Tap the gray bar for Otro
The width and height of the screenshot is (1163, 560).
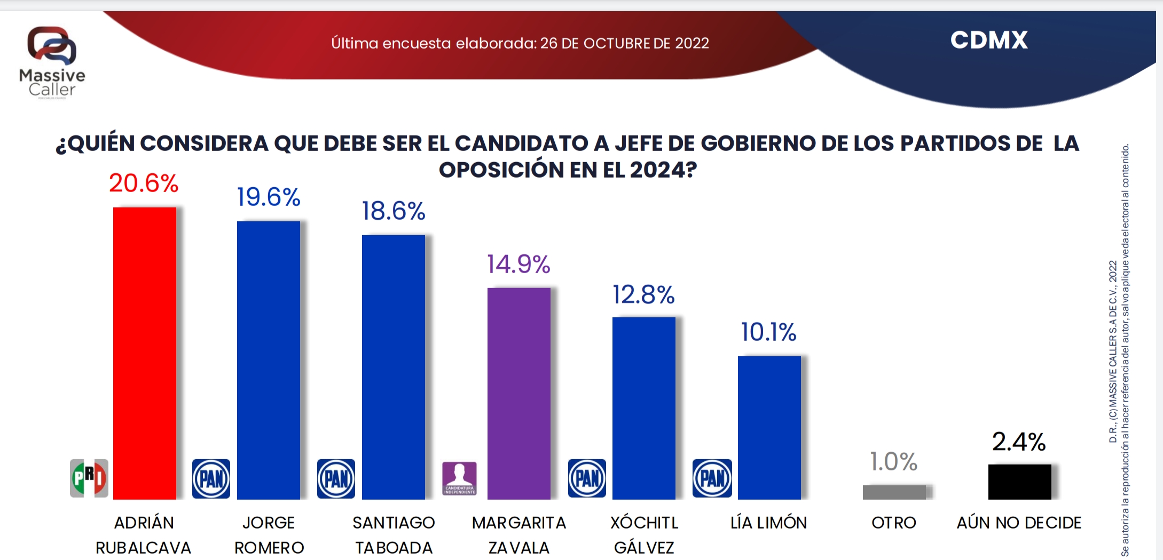(894, 492)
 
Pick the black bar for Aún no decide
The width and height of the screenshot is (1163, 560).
(1019, 482)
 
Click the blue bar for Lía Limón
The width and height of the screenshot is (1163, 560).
(769, 427)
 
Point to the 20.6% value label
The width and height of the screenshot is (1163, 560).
(144, 183)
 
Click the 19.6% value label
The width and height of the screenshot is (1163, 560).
(269, 197)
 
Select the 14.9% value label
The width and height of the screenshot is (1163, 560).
(518, 265)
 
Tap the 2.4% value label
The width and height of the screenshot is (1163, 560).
(1019, 442)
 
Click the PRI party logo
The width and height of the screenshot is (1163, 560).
(89, 478)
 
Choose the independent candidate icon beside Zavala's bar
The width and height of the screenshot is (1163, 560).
(459, 478)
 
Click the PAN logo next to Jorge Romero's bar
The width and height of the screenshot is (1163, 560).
(211, 478)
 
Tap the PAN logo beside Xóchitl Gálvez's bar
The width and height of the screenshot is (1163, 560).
(587, 478)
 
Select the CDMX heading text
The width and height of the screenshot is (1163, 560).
(989, 41)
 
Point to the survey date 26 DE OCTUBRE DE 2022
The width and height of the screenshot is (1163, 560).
(624, 43)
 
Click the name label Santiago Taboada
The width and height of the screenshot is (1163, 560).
(394, 535)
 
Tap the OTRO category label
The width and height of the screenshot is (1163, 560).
(894, 523)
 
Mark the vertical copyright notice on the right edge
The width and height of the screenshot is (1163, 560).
(1119, 349)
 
